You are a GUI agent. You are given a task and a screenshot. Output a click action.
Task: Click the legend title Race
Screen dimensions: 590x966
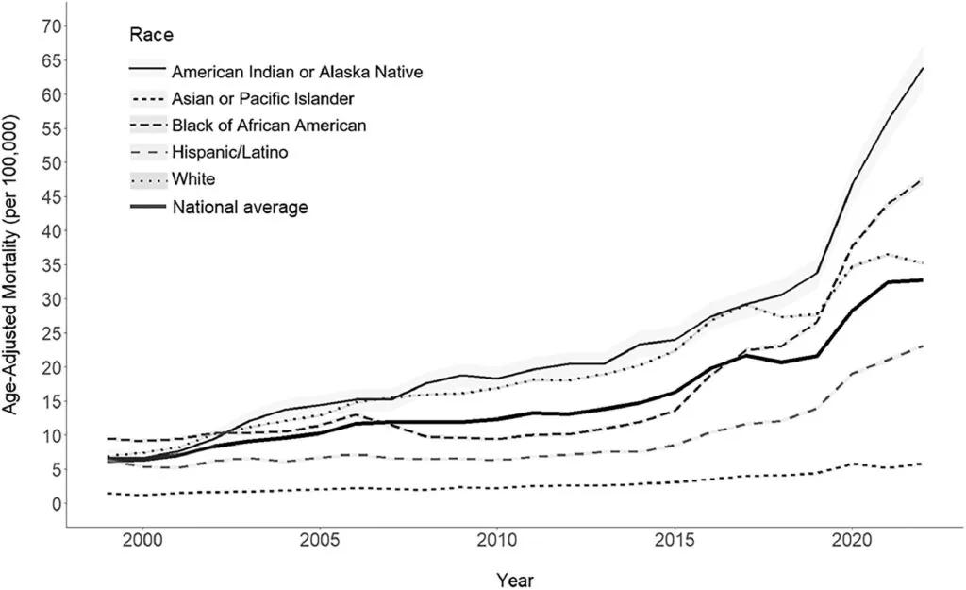tap(151, 36)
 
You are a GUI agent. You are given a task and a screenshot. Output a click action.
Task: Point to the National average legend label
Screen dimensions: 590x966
tap(240, 207)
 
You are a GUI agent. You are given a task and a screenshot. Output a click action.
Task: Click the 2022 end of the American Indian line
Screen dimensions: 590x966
tap(922, 68)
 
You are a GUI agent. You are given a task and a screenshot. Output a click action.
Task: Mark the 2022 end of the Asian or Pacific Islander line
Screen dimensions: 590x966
tap(922, 464)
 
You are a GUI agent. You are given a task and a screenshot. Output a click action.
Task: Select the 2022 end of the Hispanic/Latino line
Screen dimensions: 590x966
tap(922, 346)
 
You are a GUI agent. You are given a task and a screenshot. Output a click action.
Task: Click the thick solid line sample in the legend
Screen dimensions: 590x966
tap(146, 206)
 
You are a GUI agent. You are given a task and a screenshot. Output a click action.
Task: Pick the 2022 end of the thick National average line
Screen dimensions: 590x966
tap(922, 280)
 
